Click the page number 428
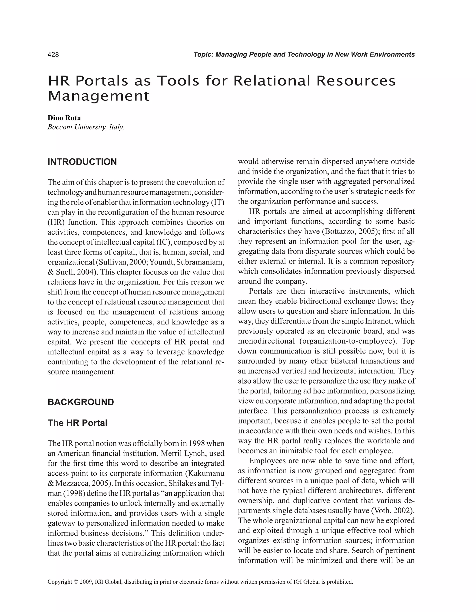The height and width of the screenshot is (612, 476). click(53, 55)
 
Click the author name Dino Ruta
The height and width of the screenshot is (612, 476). click(64, 118)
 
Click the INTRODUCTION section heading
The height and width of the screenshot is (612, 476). click(82, 162)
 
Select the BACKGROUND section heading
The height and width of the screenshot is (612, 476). click(81, 402)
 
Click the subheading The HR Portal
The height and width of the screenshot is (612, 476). click(77, 423)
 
